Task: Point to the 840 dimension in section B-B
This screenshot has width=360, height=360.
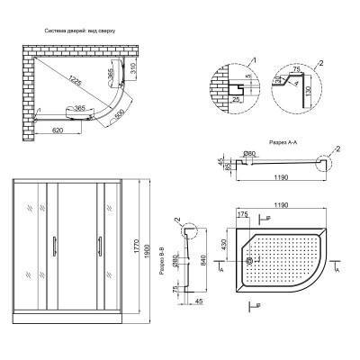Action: pos(205,261)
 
